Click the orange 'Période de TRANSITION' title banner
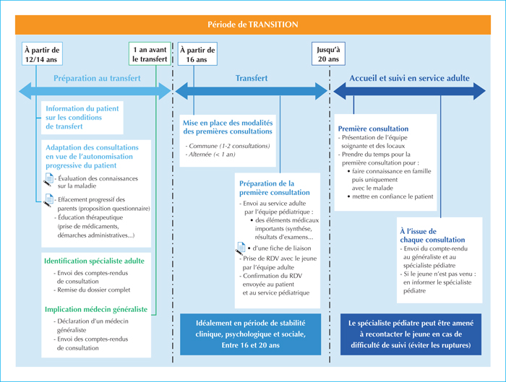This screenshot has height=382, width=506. pos(253,25)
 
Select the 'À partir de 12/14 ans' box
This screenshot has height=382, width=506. pos(42,54)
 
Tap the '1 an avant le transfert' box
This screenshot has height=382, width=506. pos(150,54)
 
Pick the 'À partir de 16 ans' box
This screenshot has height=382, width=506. pos(197,54)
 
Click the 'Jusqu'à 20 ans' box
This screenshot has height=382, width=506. pos(328,54)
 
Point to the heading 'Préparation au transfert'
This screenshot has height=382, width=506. pos(97,78)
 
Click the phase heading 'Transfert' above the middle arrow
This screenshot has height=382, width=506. pos(252,78)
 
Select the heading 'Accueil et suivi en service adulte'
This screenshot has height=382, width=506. pos(410,78)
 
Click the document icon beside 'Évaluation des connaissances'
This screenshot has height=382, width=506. pos(48,180)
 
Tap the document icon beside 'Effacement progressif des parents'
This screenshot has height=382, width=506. pos(48,200)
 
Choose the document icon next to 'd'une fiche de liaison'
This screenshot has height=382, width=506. pos(241,248)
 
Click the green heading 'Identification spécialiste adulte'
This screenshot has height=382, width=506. pos(94,261)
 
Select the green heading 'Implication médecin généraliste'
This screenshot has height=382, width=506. pos(96,310)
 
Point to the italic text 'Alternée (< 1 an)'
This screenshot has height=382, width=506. pos(210,155)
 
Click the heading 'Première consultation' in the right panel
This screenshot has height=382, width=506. pos(374,129)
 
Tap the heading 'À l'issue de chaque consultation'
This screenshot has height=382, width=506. pos(432,235)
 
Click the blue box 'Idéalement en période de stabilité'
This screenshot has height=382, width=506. pos(250,334)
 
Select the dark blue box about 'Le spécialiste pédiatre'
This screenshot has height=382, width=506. pos(411,334)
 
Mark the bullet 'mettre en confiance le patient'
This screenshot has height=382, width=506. pos(390,196)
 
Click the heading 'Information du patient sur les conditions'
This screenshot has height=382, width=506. pos(82,117)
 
